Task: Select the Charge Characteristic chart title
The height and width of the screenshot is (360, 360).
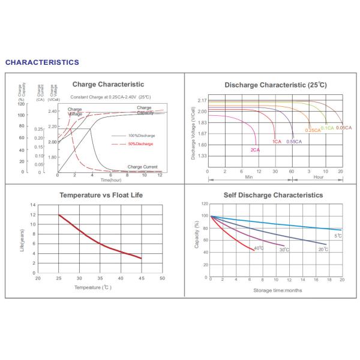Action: coord(108,84)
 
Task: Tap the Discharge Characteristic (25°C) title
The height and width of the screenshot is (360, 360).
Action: coord(275,85)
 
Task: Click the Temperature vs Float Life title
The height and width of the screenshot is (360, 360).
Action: coord(101,195)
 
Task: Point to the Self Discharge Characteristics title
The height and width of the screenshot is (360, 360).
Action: coord(273,195)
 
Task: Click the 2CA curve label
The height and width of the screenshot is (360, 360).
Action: coord(254,149)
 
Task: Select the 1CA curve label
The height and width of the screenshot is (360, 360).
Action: coord(277,142)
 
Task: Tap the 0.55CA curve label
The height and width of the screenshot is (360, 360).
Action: coord(294,142)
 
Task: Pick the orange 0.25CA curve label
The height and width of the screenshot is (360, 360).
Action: coord(313,130)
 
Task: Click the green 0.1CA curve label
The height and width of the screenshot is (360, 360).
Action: coord(328,128)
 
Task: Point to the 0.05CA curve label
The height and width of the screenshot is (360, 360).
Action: coord(344,128)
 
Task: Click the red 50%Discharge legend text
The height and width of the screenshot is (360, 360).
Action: coord(140,145)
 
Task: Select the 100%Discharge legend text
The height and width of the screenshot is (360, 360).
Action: coord(141,136)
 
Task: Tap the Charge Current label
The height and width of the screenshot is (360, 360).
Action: coord(143,167)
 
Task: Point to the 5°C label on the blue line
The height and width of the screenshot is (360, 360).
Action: coord(338,236)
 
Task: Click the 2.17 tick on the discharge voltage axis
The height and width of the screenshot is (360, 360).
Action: coord(202,100)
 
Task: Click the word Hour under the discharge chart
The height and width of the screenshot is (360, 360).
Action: coord(319,178)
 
